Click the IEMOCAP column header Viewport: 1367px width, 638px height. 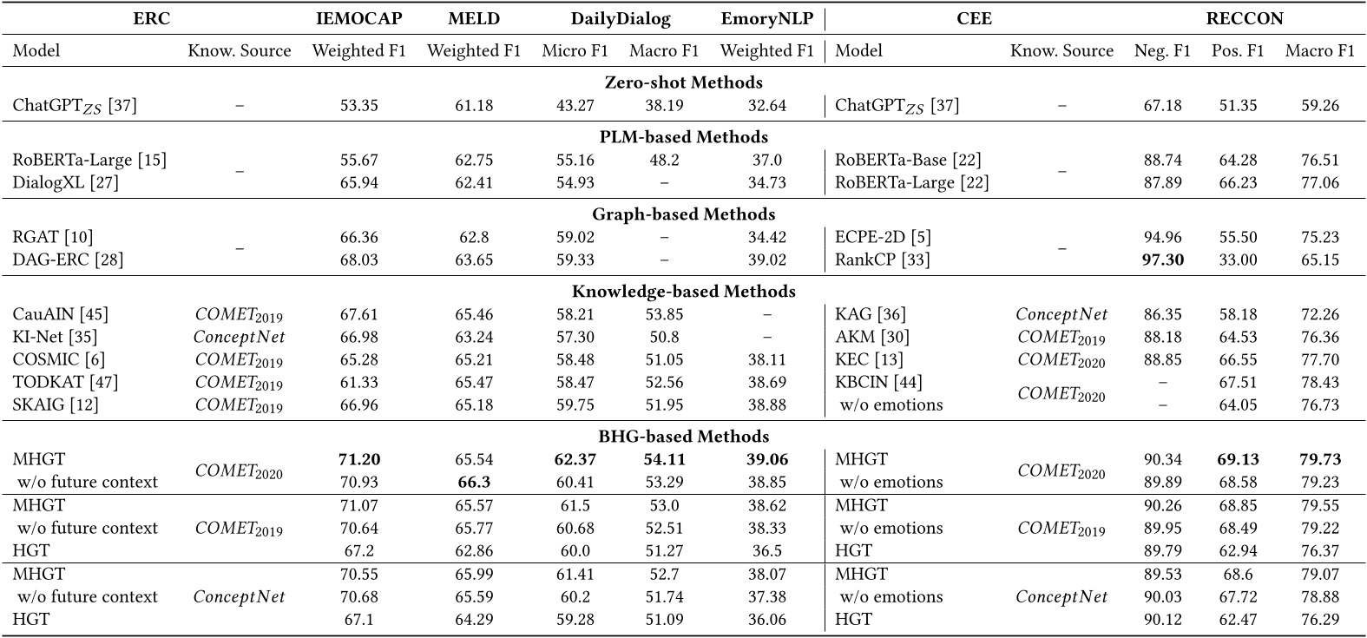[358, 18]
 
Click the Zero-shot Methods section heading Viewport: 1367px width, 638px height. [683, 82]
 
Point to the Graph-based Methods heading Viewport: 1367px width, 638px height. [683, 214]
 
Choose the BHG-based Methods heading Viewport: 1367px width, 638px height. [683, 436]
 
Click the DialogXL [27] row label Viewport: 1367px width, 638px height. [65, 182]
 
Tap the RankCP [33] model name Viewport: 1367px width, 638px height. [882, 260]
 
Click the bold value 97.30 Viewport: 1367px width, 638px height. [1162, 260]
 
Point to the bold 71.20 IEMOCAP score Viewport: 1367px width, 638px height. [358, 459]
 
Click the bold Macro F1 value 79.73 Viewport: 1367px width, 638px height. [1318, 459]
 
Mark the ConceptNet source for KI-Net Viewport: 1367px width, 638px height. [239, 336]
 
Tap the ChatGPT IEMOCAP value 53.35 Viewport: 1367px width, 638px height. [358, 106]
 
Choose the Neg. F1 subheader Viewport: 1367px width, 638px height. [1162, 51]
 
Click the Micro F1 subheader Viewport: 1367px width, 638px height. [575, 51]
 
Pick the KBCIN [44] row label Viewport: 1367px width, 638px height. [878, 382]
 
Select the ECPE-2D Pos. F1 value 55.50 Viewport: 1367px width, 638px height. [1238, 237]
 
